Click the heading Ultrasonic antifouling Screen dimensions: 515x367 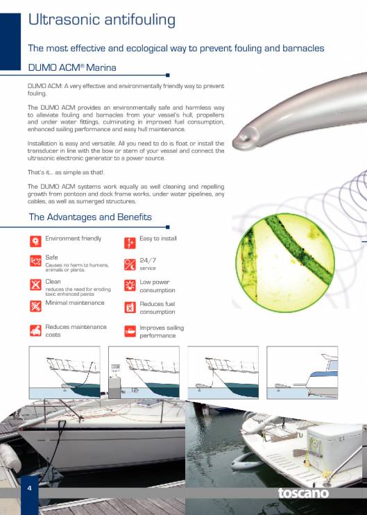point(101,19)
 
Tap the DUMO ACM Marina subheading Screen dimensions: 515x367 point(71,67)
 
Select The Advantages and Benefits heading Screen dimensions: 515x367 point(90,217)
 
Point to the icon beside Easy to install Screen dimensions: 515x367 point(129,242)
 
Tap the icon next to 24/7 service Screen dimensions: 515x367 point(129,264)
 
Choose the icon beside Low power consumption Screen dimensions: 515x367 point(129,285)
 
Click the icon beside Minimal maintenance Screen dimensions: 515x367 point(35,306)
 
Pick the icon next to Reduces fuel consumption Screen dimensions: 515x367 point(129,307)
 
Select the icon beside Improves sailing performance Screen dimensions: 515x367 point(129,330)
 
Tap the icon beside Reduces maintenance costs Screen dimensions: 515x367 point(35,330)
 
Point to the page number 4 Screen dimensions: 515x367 point(29,489)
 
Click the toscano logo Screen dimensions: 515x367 point(304,493)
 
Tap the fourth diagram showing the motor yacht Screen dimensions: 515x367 point(302,372)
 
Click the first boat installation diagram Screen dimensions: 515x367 point(63,372)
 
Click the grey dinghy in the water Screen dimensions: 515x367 point(248,462)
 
